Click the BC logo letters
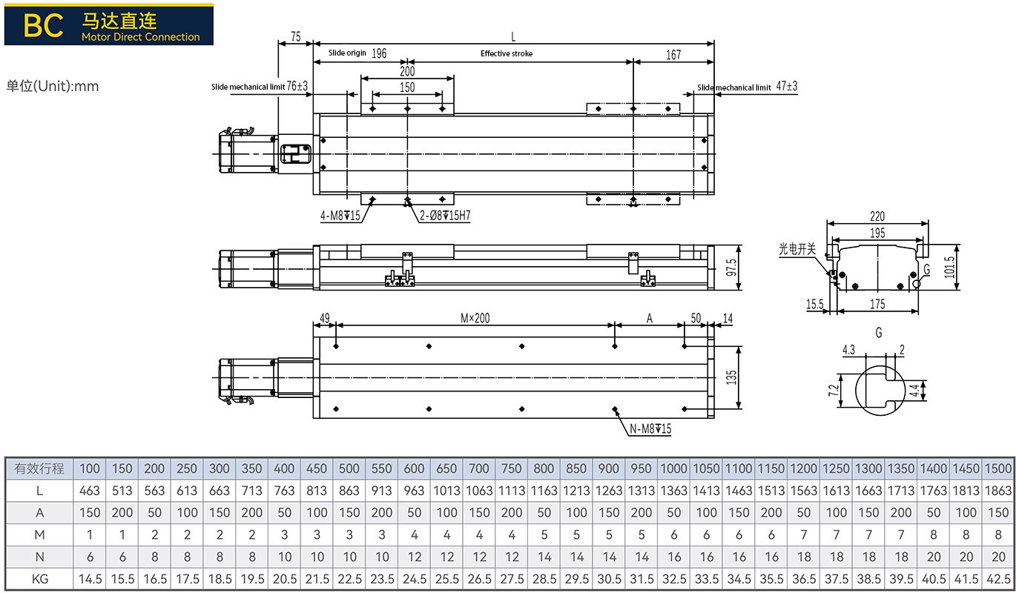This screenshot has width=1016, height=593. pos(43,25)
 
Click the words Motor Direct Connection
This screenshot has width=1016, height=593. pos(141,37)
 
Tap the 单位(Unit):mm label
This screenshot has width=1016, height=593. pos(53,86)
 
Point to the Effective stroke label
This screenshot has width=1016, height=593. pos(507,53)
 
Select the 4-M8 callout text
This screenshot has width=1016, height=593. pos(340,216)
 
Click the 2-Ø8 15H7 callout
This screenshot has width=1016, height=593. pos(445,216)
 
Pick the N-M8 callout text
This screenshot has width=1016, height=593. pos(650,429)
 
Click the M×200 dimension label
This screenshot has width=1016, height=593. pos(475,318)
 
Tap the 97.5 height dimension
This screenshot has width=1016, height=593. pos(731,268)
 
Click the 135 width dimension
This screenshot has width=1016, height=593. pos(731,377)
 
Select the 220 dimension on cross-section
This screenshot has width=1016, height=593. pos(877,216)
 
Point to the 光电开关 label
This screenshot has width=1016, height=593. pos(797,250)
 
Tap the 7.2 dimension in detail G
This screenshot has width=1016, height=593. pos(834,388)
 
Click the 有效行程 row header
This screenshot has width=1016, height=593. pos(39,468)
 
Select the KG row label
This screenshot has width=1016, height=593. pos(39,579)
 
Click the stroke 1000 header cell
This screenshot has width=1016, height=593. pos(674,468)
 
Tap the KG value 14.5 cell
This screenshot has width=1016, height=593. pos(89,579)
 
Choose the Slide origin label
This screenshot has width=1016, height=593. pos(347,53)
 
